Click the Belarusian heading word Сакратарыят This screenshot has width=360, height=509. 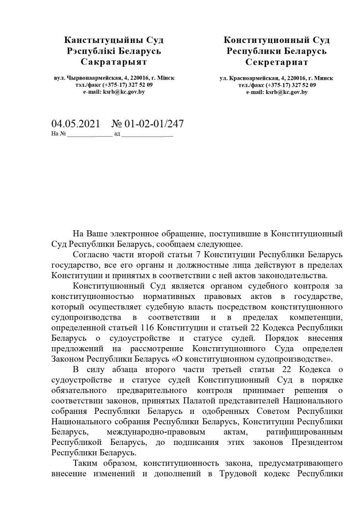114,62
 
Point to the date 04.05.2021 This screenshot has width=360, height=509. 76,124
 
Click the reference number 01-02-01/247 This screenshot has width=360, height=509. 154,124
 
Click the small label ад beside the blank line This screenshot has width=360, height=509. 117,134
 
